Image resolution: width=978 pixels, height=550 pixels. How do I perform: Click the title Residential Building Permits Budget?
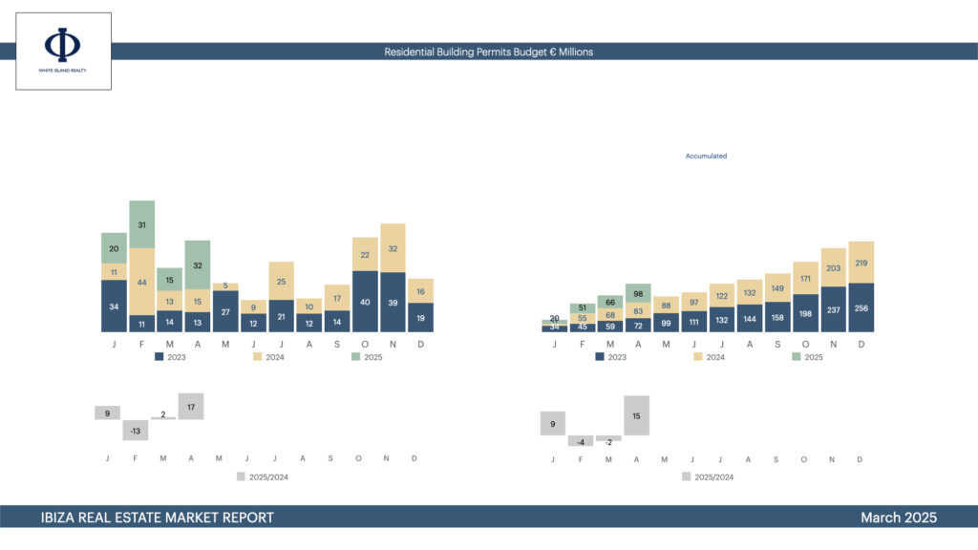(x=488, y=52)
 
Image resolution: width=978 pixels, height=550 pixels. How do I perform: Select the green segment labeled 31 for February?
(x=142, y=224)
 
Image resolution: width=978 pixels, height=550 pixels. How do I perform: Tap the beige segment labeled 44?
(x=142, y=282)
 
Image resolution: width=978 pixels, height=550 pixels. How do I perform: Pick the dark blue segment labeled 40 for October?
(x=365, y=302)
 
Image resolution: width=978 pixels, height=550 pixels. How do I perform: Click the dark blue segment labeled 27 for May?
(x=225, y=311)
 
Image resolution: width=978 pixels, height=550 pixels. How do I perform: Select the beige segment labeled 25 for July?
(x=281, y=281)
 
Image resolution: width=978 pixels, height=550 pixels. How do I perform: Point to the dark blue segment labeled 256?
(x=861, y=307)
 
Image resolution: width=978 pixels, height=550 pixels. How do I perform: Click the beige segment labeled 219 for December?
(x=861, y=263)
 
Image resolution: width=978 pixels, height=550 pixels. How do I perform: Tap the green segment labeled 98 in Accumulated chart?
(x=638, y=293)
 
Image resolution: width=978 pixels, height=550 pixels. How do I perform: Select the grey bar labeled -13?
(x=136, y=431)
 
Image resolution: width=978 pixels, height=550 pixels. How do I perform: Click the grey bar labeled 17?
(x=191, y=407)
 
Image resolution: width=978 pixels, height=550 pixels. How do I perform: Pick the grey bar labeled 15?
(x=637, y=415)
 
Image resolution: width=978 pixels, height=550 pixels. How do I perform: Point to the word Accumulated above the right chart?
(x=706, y=156)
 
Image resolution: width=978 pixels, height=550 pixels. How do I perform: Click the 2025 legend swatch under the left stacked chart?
(x=356, y=357)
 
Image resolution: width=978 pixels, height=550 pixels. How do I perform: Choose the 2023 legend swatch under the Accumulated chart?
(x=600, y=357)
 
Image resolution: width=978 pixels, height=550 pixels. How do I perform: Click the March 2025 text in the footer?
(x=898, y=518)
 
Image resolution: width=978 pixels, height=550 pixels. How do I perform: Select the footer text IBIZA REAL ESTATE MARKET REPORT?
(x=158, y=518)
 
